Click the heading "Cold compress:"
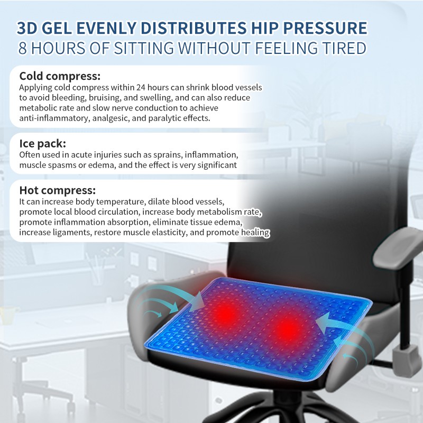coord(60,76)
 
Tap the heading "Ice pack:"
coord(43,143)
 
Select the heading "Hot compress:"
coord(58,190)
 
